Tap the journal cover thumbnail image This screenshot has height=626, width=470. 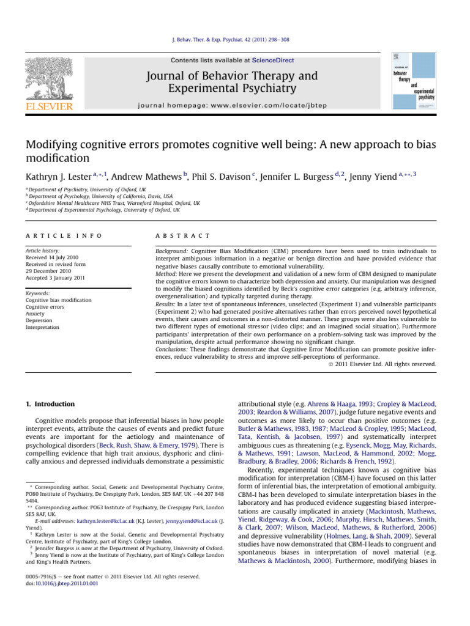[414, 81]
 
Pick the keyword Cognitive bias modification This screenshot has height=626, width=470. [58, 300]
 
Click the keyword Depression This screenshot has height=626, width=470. [39, 320]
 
